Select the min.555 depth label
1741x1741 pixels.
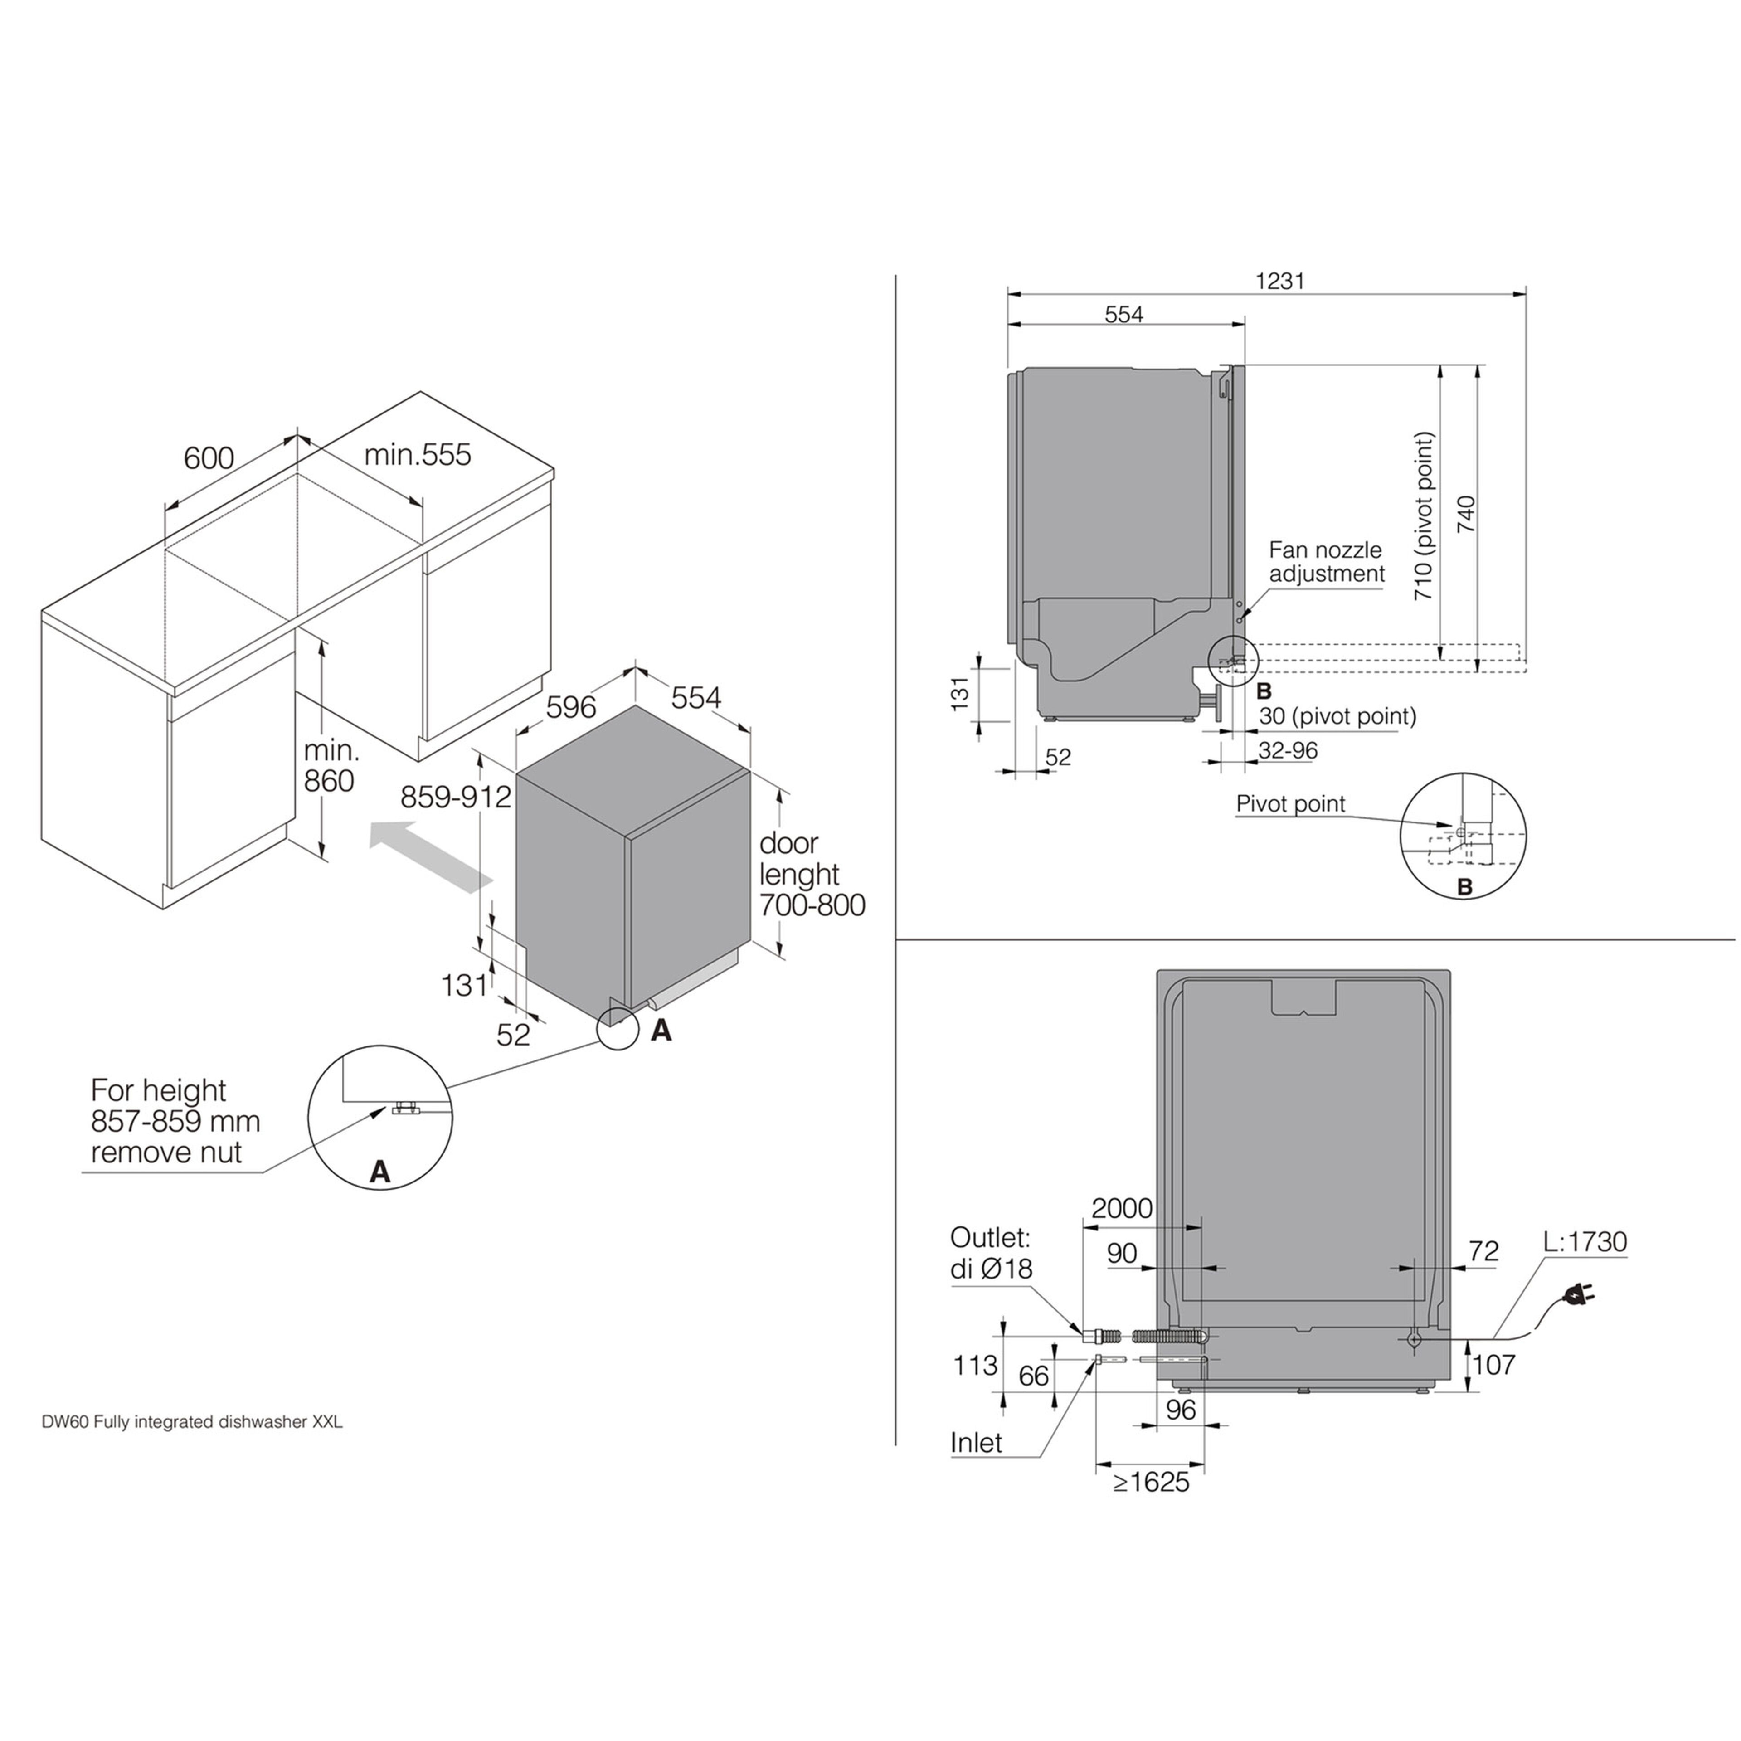click(417, 454)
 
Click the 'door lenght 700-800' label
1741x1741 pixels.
click(811, 874)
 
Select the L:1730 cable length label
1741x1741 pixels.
click(1585, 1242)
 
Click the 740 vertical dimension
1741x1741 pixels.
click(1466, 514)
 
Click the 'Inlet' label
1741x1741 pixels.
click(976, 1443)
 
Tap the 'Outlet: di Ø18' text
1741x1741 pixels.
click(990, 1253)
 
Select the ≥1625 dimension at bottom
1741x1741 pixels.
click(1151, 1483)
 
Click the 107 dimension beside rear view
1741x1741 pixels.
click(1494, 1365)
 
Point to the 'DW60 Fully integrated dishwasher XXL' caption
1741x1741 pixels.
click(192, 1423)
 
